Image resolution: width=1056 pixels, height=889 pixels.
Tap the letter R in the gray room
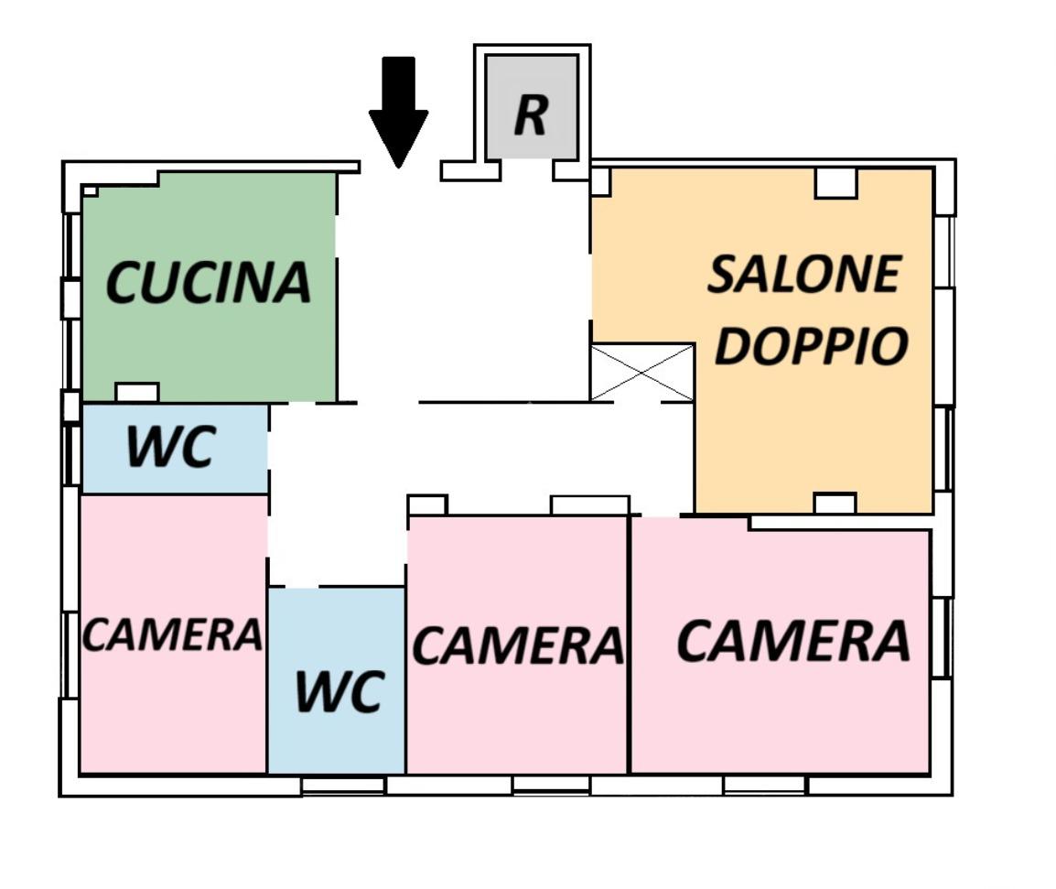coord(531,114)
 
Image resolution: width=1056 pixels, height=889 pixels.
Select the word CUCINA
coord(209,283)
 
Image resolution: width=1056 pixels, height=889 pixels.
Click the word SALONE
coord(804,275)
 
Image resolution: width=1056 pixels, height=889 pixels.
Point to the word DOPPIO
coord(811,345)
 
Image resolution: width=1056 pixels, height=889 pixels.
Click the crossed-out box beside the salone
coord(641,372)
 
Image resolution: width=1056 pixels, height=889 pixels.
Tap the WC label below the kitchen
coord(170,448)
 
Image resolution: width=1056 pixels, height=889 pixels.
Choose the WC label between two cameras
coord(338,691)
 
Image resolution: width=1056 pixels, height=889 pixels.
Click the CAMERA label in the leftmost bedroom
coord(172,634)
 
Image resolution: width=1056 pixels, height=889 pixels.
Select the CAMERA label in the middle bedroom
coord(518,645)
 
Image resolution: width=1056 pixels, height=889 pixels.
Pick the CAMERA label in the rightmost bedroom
coord(792,641)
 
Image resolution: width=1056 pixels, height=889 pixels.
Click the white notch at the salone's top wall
coord(835,183)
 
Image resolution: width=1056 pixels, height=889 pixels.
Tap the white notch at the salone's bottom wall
coord(835,504)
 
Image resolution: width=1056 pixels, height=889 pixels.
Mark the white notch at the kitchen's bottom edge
coord(137,392)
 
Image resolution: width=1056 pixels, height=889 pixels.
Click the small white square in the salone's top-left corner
coord(600,181)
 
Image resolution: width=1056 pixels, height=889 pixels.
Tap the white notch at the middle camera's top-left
coord(426,504)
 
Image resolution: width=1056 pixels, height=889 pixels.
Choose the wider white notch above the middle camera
coord(589,504)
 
